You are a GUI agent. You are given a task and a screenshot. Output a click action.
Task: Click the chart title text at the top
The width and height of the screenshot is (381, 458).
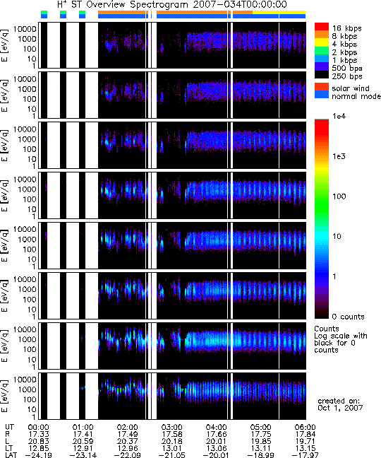[x=172, y=5]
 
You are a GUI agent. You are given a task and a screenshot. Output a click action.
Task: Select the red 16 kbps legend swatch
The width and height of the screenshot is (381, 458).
[x=322, y=27]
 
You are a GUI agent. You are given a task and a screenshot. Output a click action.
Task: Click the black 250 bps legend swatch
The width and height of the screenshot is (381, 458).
[x=322, y=74]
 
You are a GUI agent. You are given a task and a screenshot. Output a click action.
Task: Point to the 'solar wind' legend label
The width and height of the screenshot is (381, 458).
[x=351, y=88]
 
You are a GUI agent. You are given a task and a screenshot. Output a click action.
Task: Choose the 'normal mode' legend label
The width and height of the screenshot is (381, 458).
[x=356, y=96]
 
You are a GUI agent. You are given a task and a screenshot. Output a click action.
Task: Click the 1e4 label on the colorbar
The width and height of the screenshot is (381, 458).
[x=339, y=116]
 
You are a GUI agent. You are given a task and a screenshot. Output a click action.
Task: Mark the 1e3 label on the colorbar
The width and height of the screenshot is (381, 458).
[x=339, y=156]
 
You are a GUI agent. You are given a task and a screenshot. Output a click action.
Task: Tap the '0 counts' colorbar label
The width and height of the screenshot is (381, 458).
[x=348, y=317]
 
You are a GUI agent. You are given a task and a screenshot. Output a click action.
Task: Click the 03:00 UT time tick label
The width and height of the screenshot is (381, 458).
[x=171, y=428]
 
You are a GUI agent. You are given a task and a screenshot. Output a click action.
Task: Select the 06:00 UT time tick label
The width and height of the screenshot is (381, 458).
[x=305, y=428]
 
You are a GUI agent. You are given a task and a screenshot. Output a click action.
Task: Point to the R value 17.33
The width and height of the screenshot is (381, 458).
[x=39, y=435]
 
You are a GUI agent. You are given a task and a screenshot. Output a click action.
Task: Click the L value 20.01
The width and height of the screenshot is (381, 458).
[x=216, y=441]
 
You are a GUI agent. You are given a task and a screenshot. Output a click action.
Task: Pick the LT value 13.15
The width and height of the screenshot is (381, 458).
[x=305, y=448]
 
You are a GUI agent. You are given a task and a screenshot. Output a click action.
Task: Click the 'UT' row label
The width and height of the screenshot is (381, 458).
[x=9, y=428]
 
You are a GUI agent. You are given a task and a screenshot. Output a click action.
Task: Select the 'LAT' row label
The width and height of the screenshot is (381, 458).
[x=11, y=454]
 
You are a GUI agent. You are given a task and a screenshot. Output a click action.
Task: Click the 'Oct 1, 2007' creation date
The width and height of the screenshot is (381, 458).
[x=340, y=408]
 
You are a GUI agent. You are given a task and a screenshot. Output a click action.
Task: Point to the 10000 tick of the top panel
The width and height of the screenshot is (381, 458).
[x=25, y=29]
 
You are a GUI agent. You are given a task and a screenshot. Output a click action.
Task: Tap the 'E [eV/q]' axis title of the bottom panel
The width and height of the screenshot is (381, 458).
[x=5, y=396]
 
